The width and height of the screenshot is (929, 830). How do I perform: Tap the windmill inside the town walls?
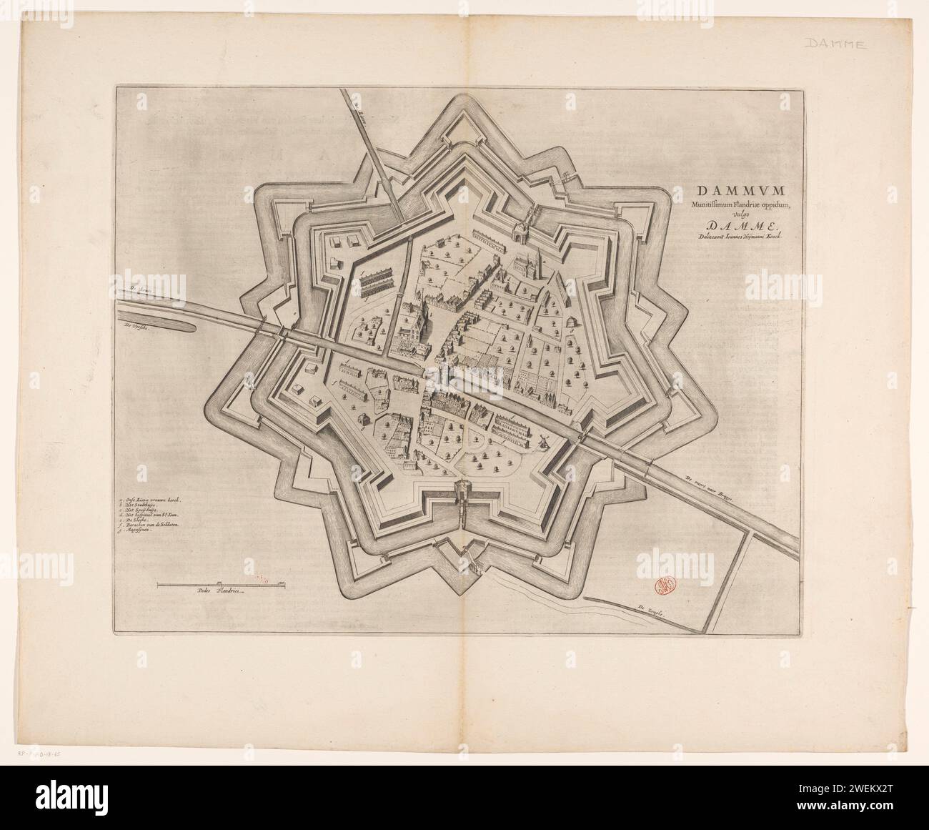click(x=542, y=438)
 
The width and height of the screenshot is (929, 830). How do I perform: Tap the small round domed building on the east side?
click(x=571, y=324)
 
